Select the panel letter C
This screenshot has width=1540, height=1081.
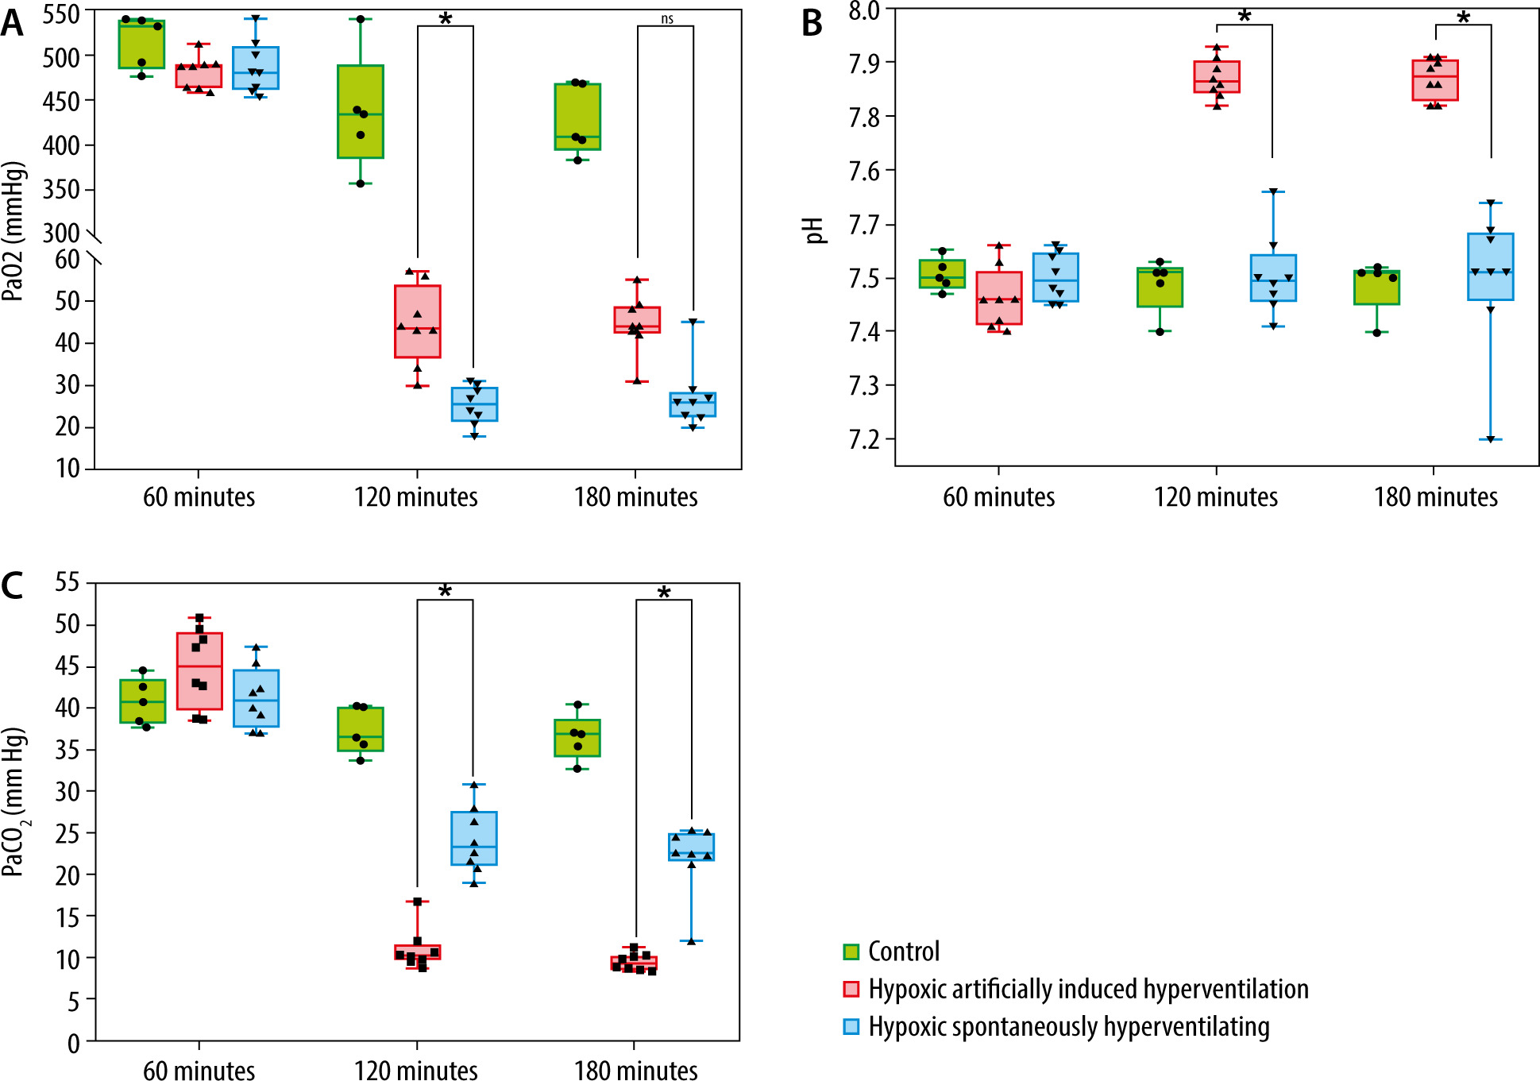12,585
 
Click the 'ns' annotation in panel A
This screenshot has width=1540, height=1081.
667,19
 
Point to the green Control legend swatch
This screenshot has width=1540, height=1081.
851,952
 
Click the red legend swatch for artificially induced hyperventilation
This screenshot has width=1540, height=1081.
851,989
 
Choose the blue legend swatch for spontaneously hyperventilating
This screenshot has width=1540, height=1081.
851,1027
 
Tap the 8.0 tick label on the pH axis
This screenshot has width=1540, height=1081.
863,11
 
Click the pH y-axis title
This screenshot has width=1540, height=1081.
814,230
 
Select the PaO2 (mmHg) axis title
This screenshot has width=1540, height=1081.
13,230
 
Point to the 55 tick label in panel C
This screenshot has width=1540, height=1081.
68,582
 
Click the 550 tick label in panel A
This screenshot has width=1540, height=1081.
62,14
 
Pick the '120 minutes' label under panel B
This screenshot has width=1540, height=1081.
1215,497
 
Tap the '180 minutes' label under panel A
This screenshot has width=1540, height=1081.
635,497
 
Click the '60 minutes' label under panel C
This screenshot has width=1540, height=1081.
199,1070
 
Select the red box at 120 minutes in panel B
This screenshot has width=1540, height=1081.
1217,76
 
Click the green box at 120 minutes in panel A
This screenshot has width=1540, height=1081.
361,111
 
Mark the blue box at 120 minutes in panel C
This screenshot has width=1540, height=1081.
474,838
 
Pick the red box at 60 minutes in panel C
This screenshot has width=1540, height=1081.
199,670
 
